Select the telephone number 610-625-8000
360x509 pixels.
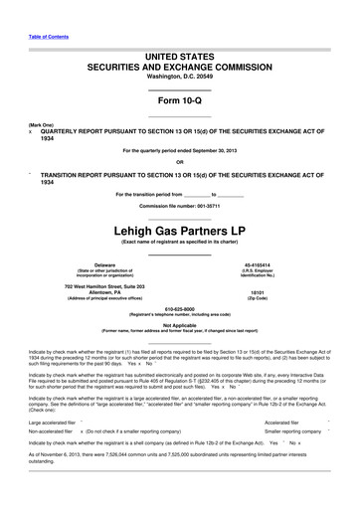pyautogui.click(x=179, y=307)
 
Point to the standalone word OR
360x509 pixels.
pyautogui.click(x=179, y=162)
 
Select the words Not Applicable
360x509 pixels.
pyautogui.click(x=179, y=324)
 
